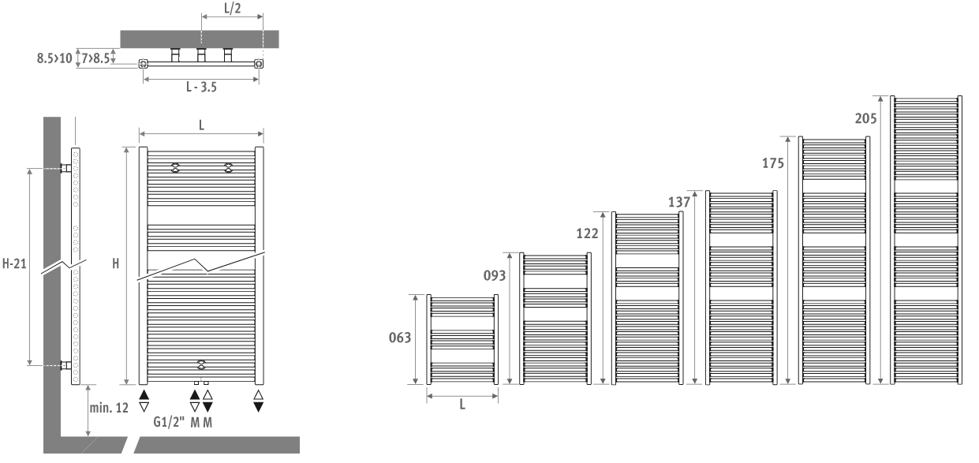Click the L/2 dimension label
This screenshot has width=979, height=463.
click(x=232, y=9)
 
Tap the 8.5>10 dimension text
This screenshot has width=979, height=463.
click(x=54, y=58)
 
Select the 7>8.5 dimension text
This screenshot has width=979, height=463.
click(x=95, y=58)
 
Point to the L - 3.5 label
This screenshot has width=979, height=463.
click(x=201, y=87)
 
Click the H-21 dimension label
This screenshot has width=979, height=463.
click(x=14, y=263)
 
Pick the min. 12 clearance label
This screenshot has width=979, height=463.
click(x=109, y=408)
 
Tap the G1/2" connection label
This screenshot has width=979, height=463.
click(x=169, y=422)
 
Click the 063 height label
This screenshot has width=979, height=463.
click(x=400, y=338)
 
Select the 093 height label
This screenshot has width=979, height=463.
click(x=495, y=275)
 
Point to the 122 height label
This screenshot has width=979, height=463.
click(x=587, y=233)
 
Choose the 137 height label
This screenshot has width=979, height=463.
click(x=679, y=202)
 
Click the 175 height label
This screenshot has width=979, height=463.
click(x=773, y=163)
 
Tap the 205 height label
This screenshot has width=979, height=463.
click(x=866, y=118)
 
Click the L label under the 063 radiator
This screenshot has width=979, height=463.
click(x=462, y=405)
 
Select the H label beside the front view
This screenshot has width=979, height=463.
click(x=115, y=263)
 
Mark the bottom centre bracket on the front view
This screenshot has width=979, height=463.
click(x=201, y=364)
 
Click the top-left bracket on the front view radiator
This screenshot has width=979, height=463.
click(x=175, y=168)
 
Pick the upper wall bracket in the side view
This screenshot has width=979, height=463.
click(x=65, y=168)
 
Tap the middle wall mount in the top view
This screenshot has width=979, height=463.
click(x=201, y=54)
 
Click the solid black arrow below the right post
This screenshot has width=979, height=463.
click(x=259, y=407)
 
